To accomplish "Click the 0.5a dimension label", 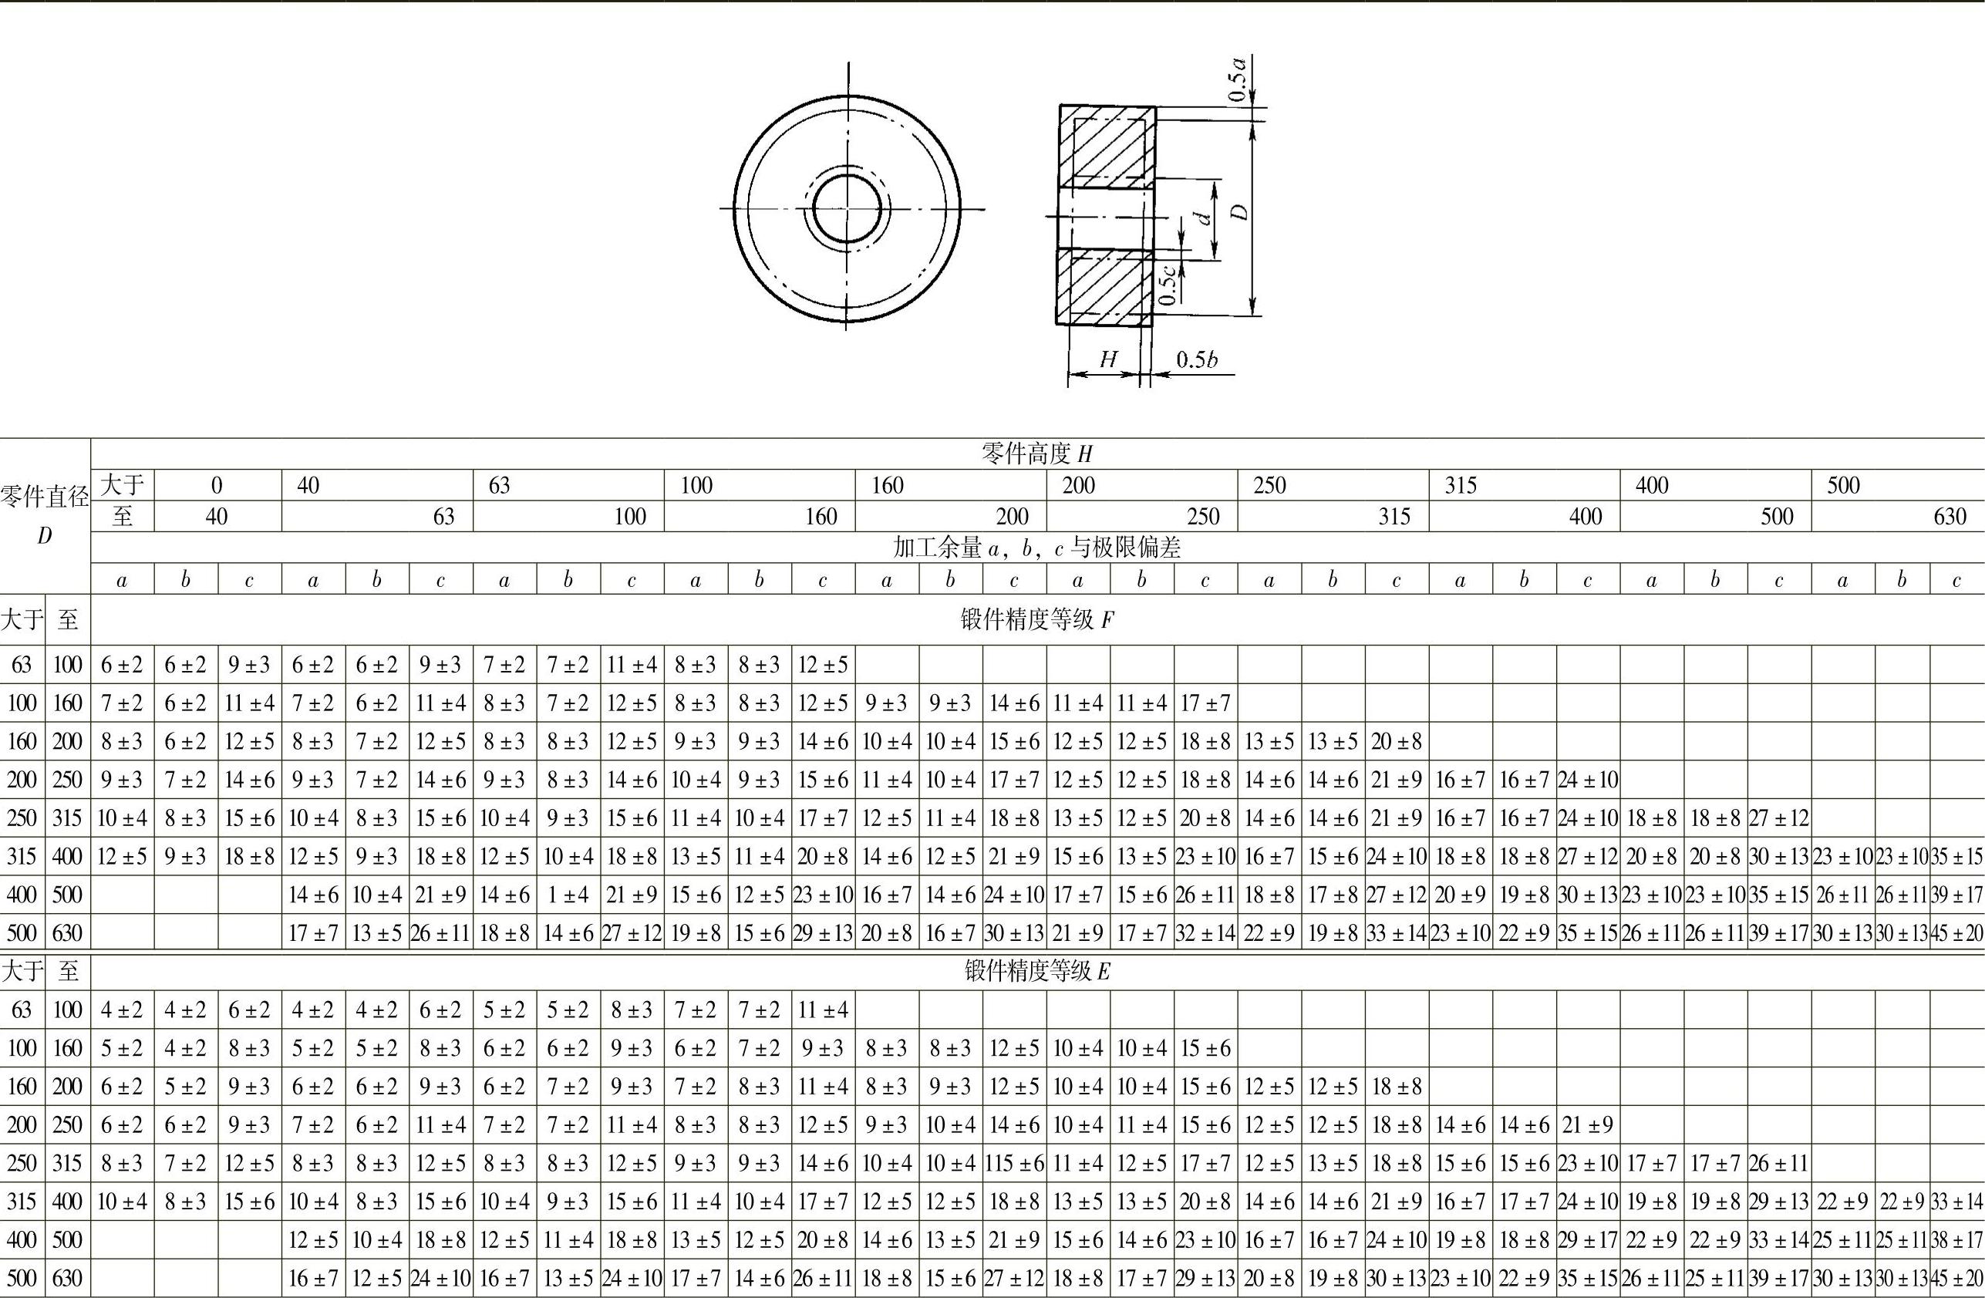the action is pos(1239,79).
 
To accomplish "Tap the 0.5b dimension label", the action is pos(1197,359).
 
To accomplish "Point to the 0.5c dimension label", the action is pos(1168,285).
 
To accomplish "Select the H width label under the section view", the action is pos(1108,359).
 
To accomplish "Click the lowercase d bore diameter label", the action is pos(1204,217).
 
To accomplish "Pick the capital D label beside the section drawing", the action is pos(1241,212).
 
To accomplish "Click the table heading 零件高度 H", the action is pos(1036,453).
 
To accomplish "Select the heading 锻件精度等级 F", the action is pos(1036,620).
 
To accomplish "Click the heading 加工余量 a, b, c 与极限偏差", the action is pos(1036,548).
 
